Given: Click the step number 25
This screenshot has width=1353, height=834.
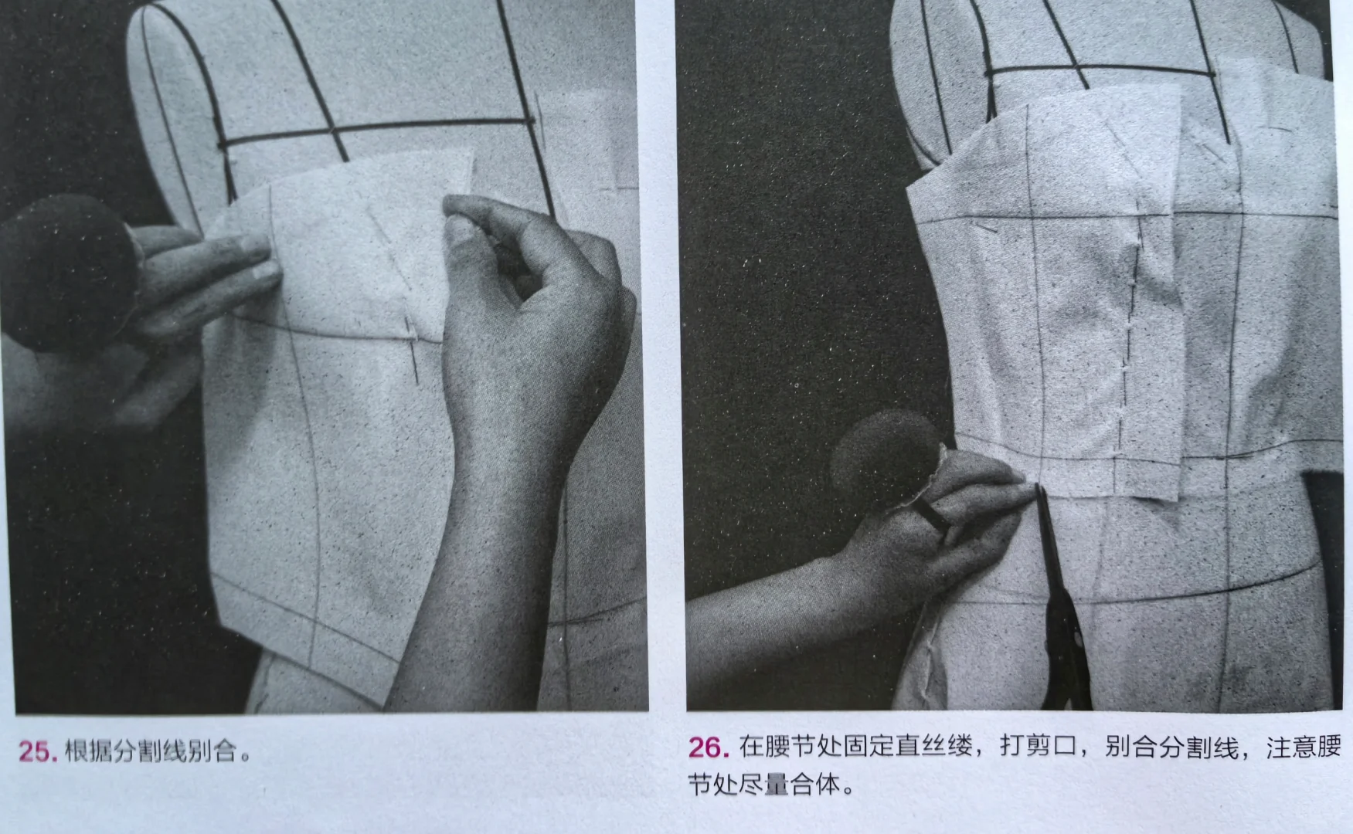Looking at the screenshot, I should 36,751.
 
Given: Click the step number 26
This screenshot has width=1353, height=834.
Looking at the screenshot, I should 707,748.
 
